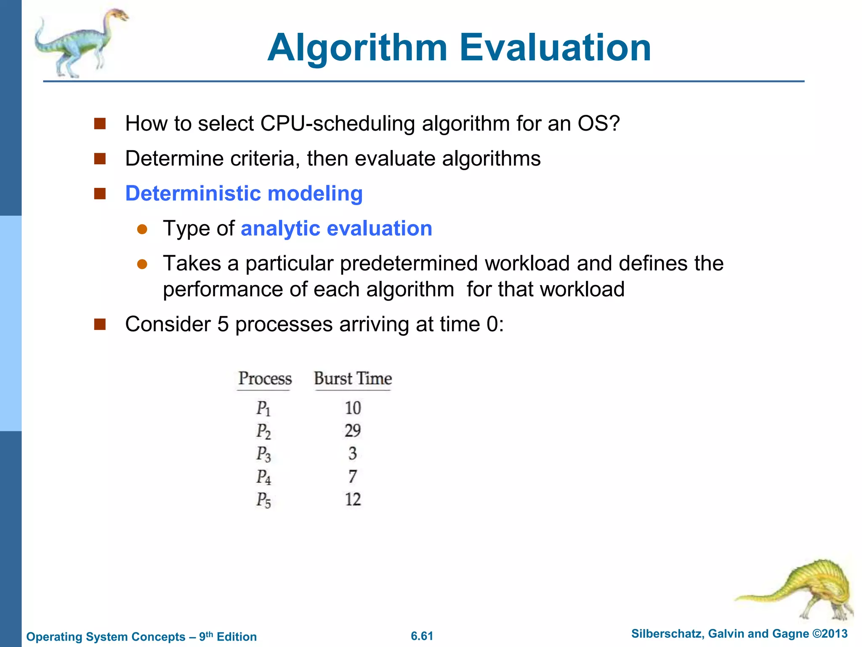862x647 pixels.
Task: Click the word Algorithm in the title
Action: click(357, 48)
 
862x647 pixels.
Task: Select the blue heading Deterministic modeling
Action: click(244, 194)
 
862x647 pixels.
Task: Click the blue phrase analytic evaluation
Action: click(336, 229)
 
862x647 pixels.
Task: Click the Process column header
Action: click(265, 378)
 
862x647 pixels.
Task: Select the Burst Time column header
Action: click(353, 378)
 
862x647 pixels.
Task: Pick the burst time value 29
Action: click(353, 430)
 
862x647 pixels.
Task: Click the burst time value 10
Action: click(353, 408)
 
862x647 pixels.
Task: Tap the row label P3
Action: click(263, 454)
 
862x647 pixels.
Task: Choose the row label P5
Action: click(263, 500)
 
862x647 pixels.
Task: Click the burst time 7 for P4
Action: click(353, 476)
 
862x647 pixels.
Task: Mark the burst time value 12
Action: click(353, 500)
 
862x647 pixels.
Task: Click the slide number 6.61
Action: click(422, 636)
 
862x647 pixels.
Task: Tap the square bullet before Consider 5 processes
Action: click(100, 324)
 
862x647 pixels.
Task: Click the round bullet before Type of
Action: click(142, 229)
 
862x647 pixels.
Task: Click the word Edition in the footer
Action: click(237, 637)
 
